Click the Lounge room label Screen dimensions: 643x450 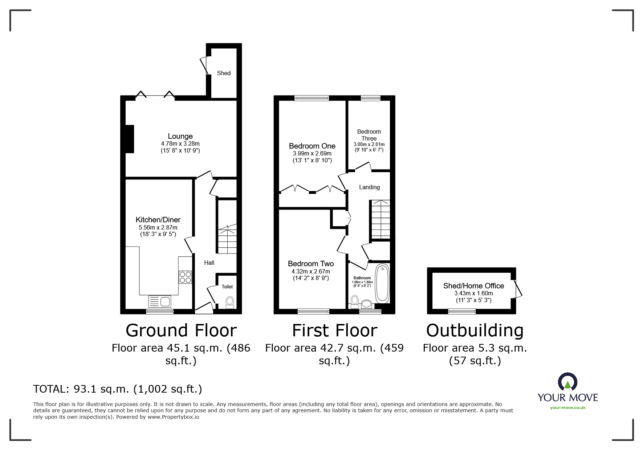180,137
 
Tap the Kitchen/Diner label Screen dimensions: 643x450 158,220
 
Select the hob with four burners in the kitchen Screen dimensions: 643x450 185,277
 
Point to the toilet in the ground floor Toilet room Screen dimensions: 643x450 229,303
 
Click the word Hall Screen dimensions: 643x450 209,263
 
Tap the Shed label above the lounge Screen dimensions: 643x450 224,73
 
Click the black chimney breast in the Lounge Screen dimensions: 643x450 130,139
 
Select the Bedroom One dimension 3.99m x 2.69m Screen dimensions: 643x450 312,154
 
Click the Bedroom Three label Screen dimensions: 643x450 369,135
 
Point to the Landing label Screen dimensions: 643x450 369,187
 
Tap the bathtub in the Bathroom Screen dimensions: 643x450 382,284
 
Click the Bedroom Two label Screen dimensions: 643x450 311,264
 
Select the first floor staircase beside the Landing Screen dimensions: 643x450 380,219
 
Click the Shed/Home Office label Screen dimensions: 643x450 473,286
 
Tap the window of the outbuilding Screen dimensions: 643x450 462,311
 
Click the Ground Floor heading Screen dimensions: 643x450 181,331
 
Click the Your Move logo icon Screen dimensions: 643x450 567,382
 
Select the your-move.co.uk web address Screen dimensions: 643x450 568,408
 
